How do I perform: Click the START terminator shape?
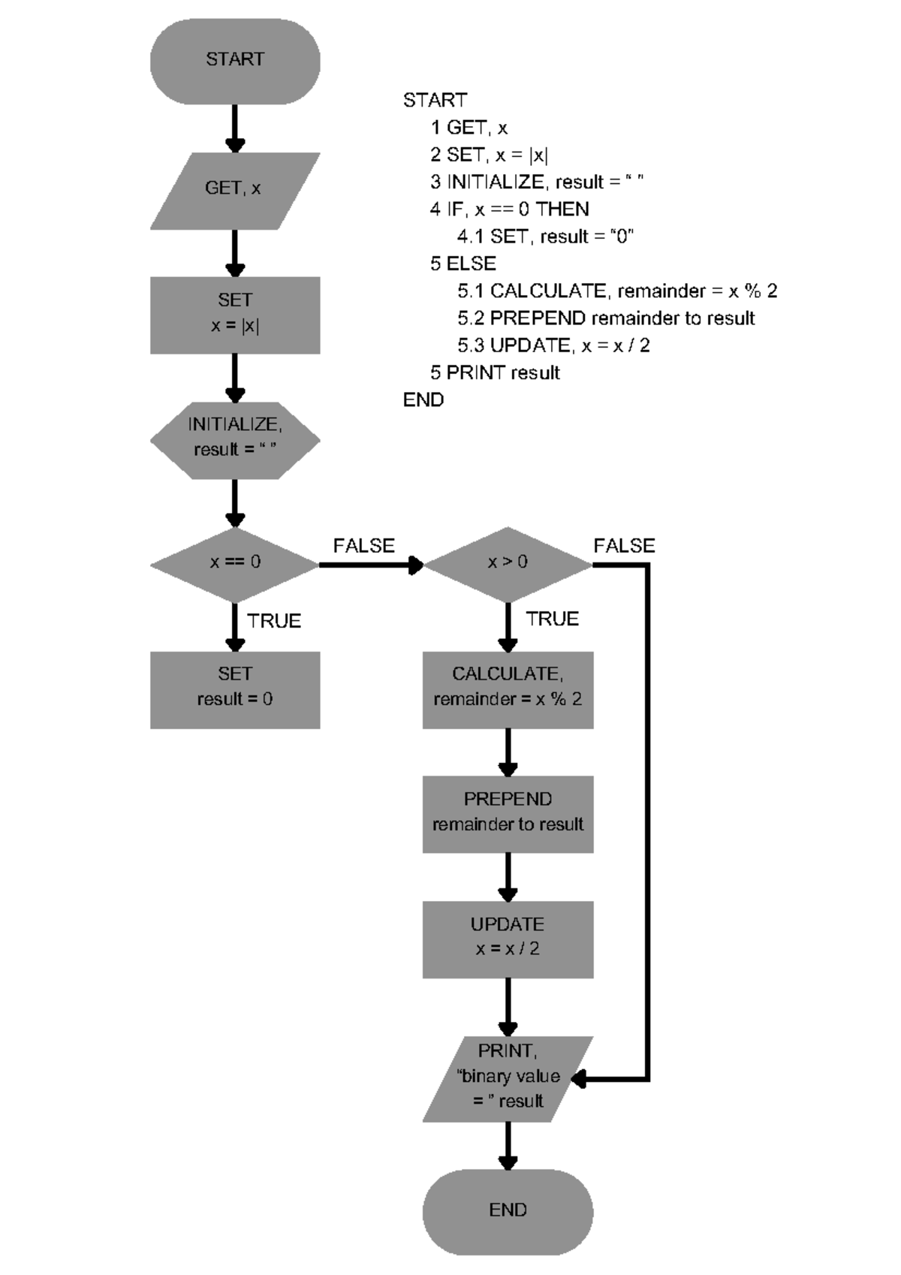pos(235,61)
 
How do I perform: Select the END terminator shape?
pos(508,1210)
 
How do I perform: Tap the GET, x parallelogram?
pos(235,190)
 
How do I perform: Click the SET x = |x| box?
pos(235,315)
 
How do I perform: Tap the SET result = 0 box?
pos(235,689)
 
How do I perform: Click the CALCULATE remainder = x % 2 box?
pos(508,689)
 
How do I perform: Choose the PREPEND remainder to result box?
pos(508,813)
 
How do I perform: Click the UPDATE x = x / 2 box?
pos(508,939)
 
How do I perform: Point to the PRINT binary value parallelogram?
pos(508,1078)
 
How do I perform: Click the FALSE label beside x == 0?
pos(364,546)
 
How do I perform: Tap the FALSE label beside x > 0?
pos(624,546)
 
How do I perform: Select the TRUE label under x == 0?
pos(274,621)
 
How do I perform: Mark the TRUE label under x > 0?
pos(552,619)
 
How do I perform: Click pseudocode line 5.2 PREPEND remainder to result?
pos(606,318)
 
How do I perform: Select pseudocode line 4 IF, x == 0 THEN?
pos(509,209)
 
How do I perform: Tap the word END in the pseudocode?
pos(423,399)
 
